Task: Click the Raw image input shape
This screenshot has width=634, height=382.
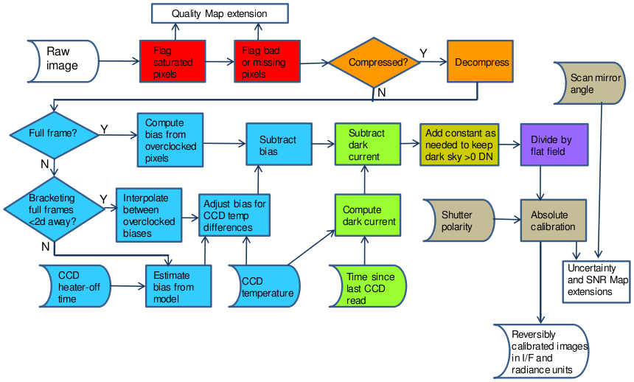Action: tap(62, 59)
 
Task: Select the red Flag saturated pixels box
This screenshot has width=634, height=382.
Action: tap(172, 63)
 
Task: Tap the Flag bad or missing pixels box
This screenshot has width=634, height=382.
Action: tap(267, 63)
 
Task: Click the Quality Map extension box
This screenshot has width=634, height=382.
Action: tap(220, 13)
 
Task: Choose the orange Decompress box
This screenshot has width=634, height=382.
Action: tap(480, 62)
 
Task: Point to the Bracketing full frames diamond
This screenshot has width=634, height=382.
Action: tap(53, 206)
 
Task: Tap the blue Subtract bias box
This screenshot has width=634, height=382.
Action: tap(278, 145)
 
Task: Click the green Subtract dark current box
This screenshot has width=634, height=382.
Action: tap(366, 145)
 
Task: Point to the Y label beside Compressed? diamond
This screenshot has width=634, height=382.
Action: tap(422, 53)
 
